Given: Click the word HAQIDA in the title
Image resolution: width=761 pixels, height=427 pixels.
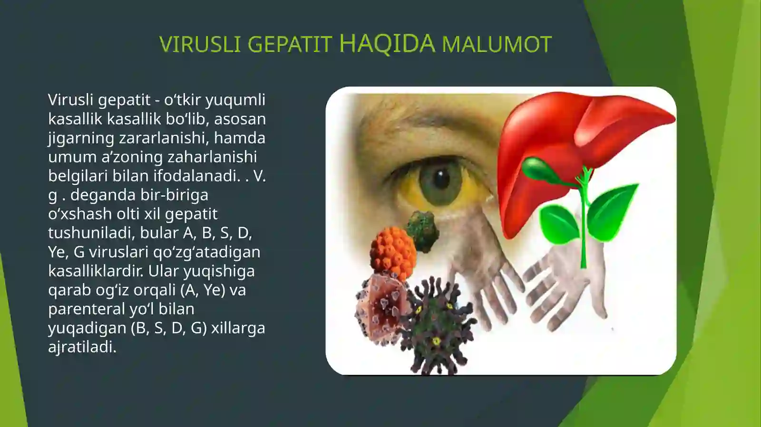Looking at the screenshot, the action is click(387, 43).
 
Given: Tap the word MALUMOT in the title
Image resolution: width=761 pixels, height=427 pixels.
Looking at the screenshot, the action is click(497, 45).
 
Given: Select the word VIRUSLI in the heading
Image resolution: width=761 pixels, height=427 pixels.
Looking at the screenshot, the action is click(200, 45).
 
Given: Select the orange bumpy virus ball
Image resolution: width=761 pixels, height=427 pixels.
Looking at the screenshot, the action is click(393, 253).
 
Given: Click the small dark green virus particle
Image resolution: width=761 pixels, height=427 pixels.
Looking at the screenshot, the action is click(423, 231).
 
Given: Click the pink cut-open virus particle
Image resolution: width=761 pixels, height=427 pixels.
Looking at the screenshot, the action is click(380, 309).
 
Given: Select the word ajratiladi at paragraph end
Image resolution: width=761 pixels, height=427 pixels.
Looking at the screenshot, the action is click(82, 347).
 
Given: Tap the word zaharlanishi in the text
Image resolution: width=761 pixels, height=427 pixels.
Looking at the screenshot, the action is click(212, 157).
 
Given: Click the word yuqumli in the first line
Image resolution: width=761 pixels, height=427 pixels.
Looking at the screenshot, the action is click(235, 101).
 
